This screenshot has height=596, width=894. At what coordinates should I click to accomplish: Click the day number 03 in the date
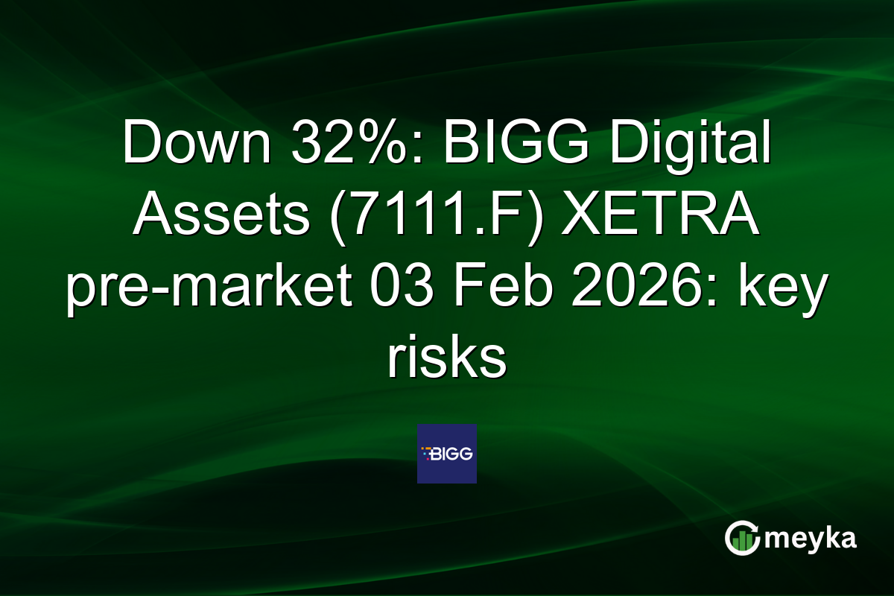(399, 288)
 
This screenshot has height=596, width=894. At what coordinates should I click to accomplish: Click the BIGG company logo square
(447, 454)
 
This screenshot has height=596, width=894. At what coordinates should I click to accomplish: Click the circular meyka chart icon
(741, 539)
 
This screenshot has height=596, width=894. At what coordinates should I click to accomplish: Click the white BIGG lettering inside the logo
(453, 452)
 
